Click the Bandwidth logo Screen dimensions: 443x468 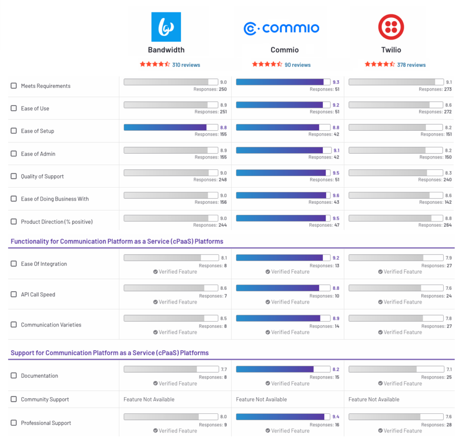(166, 27)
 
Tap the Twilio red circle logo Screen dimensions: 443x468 (391, 27)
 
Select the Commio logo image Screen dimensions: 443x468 (281, 29)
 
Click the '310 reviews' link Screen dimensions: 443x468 (186, 65)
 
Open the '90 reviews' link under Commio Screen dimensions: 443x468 (297, 65)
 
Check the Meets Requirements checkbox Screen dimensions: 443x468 (14, 86)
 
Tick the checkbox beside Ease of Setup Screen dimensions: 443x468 (14, 131)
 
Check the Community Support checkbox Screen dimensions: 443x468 (14, 399)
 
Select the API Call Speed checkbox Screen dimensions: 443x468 (14, 295)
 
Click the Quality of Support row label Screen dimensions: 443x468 (42, 176)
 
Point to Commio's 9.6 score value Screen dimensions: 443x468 (336, 195)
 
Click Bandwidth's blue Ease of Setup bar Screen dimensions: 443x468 (165, 127)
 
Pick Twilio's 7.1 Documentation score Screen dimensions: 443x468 (448, 369)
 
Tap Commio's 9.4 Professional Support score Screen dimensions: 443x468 (336, 417)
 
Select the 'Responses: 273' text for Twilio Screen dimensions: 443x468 (435, 89)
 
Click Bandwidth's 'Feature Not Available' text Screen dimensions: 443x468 (149, 399)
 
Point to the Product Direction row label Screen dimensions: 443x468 (56, 221)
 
